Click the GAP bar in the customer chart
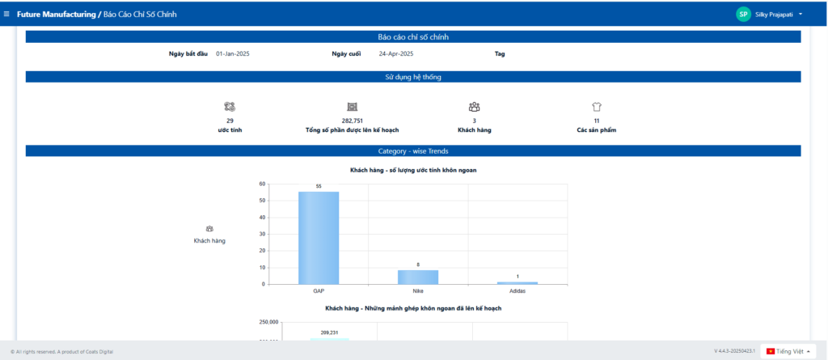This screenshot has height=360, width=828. tap(319, 237)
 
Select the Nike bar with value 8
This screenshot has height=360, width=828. tap(417, 277)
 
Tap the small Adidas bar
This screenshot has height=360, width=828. tap(517, 282)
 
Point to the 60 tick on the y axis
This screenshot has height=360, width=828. tap(262, 184)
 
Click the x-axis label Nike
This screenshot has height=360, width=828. tap(418, 290)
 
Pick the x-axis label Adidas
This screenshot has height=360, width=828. tap(517, 290)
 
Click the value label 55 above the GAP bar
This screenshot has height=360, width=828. tap(319, 186)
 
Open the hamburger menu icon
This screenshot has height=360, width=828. tap(7, 15)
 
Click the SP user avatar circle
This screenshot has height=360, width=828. tap(743, 15)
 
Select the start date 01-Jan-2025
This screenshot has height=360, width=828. tap(233, 54)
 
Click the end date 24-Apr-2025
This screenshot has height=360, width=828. tap(396, 54)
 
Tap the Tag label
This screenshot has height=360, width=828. tap(500, 54)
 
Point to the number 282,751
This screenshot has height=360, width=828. tap(352, 121)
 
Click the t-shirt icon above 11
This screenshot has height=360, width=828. tap(597, 107)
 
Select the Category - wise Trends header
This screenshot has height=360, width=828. tap(413, 151)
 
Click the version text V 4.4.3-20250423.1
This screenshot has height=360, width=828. tap(734, 351)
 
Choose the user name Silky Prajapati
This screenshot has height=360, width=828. tap(774, 15)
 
